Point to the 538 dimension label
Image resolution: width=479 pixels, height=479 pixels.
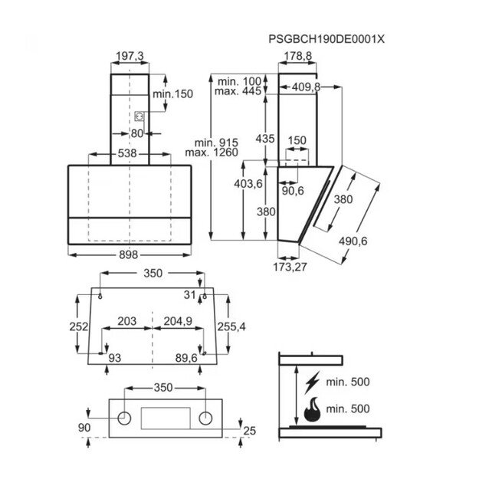coord(127,154)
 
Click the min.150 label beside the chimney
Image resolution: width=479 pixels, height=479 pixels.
coord(172,94)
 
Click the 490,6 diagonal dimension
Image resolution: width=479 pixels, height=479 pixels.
coord(354,241)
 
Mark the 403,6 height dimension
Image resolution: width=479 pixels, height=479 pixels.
coord(248,185)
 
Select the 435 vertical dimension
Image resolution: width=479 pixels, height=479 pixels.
coord(264,139)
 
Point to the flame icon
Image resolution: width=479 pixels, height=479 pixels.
coord(313,412)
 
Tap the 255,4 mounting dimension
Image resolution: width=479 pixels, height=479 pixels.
coord(231,326)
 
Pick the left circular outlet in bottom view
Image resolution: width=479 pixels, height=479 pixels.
coord(122,418)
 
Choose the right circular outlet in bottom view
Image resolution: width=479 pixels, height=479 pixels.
coord(205,418)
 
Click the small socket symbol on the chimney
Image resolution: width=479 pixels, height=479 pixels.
coord(140,116)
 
